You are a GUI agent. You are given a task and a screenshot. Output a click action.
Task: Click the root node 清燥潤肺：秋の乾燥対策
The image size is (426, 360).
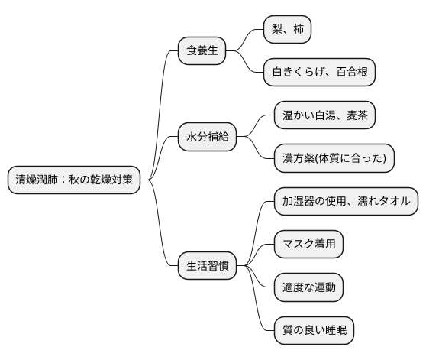(x=73, y=180)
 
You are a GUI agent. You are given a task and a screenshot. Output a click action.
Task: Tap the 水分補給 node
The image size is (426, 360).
(x=206, y=138)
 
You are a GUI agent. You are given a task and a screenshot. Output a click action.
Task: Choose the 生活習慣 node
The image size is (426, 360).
(x=206, y=267)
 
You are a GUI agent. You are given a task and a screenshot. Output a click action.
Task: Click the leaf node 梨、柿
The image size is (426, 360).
(x=287, y=29)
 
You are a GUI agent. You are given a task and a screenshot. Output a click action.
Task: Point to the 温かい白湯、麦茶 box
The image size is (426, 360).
(x=324, y=115)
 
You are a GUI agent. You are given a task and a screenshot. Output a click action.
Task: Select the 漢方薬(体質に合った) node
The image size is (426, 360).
(x=334, y=158)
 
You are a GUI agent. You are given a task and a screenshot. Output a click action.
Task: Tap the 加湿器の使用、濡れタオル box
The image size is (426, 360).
(x=346, y=201)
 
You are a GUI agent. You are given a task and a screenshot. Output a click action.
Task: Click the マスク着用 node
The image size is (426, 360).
(x=308, y=245)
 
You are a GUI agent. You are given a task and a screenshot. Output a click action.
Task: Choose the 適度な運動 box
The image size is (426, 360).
(x=308, y=288)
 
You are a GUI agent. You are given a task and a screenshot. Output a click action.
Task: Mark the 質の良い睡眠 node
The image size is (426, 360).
(x=314, y=331)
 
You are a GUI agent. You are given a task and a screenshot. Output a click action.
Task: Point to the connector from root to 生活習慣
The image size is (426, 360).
(x=161, y=229)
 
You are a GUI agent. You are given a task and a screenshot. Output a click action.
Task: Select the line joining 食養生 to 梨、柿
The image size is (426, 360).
(x=249, y=38)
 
